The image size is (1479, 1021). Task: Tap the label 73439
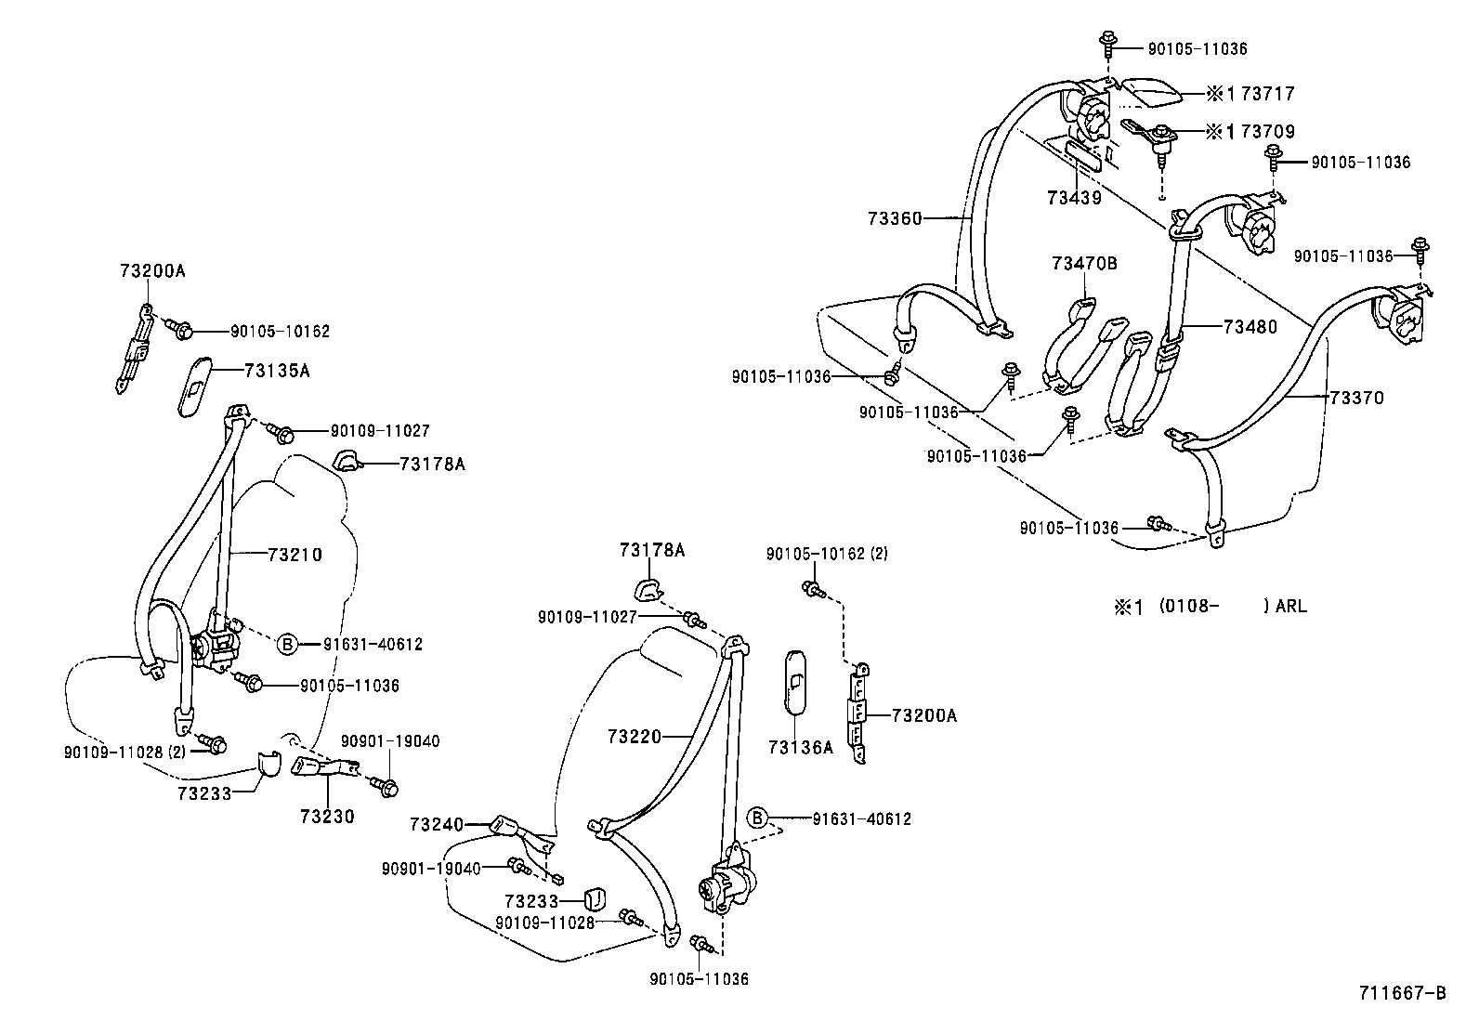pos(1074,197)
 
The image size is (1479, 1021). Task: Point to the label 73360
pos(895,218)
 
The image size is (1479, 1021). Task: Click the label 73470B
pos(1084,264)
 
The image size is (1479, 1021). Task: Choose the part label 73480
pos(1250,327)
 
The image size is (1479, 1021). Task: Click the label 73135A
pos(276,371)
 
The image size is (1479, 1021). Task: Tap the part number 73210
pos(294,555)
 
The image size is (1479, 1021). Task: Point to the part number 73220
pos(635,737)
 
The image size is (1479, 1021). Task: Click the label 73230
pos(327,817)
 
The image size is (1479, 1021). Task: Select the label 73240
pos(437,824)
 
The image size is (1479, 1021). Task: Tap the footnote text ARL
pos(1290,607)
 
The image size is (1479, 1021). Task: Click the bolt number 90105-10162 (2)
pos(827,554)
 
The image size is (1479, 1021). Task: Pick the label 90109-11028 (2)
pos(125,752)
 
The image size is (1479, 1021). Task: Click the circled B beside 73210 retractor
pos(287,644)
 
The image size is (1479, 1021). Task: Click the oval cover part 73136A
pos(797,683)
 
